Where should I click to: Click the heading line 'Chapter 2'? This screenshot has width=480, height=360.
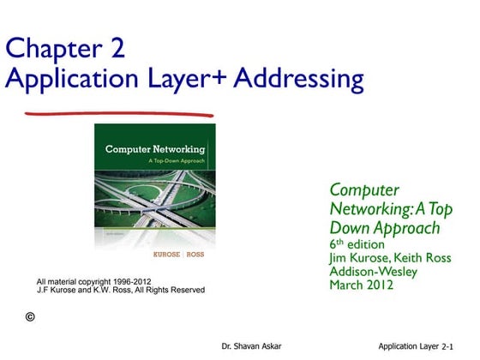(x=65, y=49)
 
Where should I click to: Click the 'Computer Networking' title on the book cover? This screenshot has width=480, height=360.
(x=155, y=149)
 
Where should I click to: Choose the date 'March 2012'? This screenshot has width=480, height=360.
(x=362, y=285)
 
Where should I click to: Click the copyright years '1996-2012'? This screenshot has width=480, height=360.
(x=131, y=281)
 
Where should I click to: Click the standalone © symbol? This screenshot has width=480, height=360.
(x=31, y=317)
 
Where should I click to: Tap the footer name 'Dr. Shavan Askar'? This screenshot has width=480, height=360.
(x=251, y=346)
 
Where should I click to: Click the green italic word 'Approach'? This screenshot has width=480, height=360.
(x=410, y=228)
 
